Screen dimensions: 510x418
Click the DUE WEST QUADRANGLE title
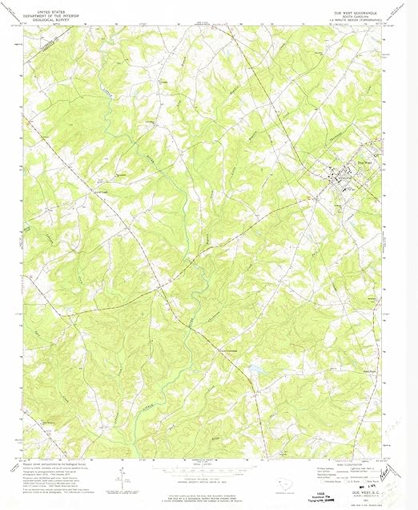(x=354, y=14)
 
